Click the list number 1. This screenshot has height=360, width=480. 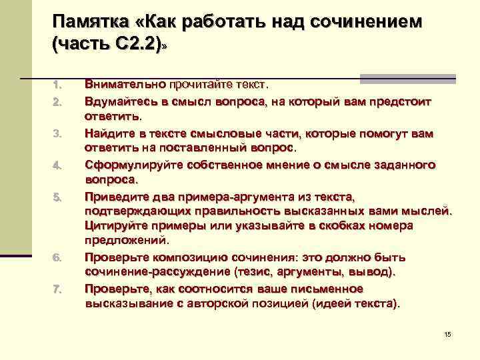57,85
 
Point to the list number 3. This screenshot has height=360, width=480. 57,134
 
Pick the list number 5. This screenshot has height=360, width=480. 57,197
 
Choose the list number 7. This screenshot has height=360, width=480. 57,289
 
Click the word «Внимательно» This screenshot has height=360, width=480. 125,85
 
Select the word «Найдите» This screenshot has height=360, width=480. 110,133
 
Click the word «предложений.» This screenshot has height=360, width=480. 127,240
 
